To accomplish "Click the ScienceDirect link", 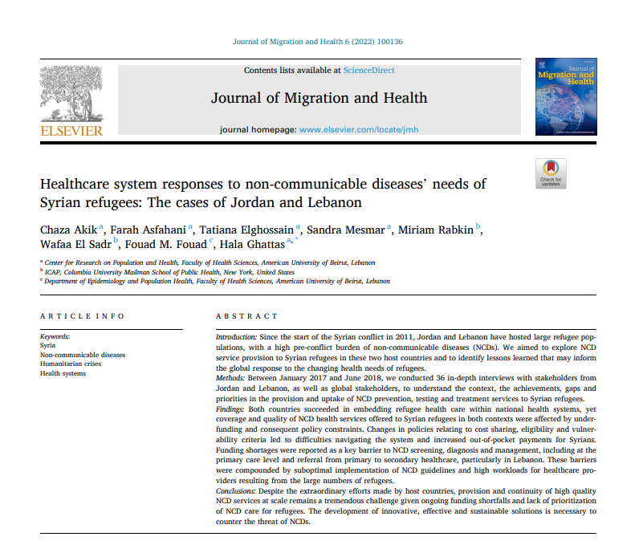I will tap(368, 71).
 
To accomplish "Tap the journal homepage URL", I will tap(358, 129).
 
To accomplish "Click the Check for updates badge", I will tap(551, 172).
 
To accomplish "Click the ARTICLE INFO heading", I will tap(82, 316).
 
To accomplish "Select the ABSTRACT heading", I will tap(246, 316).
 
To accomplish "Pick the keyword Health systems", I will tap(63, 373).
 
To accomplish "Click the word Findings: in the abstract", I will tap(230, 409).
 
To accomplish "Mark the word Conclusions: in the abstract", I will tap(236, 490).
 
